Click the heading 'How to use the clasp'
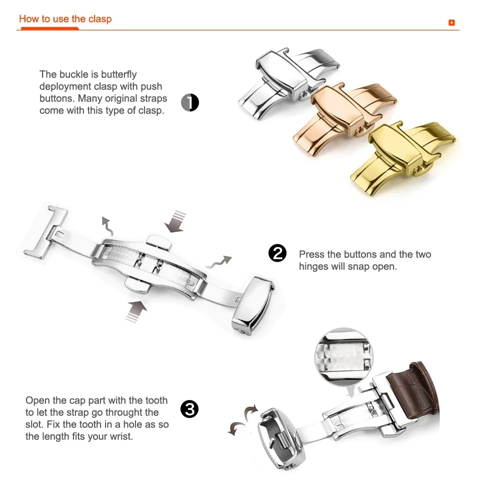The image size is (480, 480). coord(65,19)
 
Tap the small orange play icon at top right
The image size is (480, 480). coord(451,22)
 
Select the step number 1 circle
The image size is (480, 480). coord(190,102)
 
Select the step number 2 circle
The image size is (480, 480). coord(277,253)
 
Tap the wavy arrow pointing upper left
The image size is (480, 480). coord(107,226)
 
